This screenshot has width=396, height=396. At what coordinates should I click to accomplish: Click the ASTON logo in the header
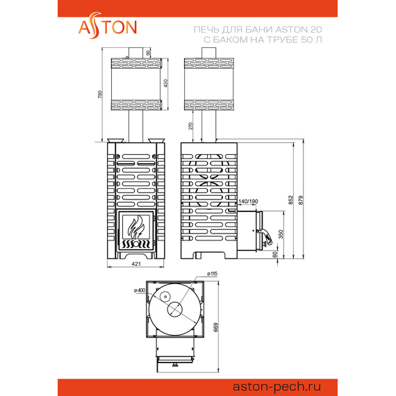point(106,27)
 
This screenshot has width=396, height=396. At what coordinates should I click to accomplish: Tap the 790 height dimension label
point(100,94)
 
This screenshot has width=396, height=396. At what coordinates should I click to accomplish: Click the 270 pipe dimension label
point(190,126)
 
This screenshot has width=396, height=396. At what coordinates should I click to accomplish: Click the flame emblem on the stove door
point(136,228)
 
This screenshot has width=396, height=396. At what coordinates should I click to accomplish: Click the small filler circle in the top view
point(165,297)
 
